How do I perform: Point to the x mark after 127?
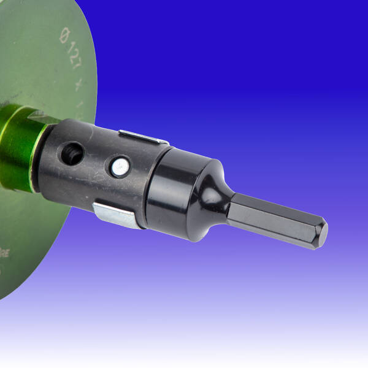pyautogui.click(x=78, y=85)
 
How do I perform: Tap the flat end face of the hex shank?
pyautogui.click(x=323, y=234)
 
